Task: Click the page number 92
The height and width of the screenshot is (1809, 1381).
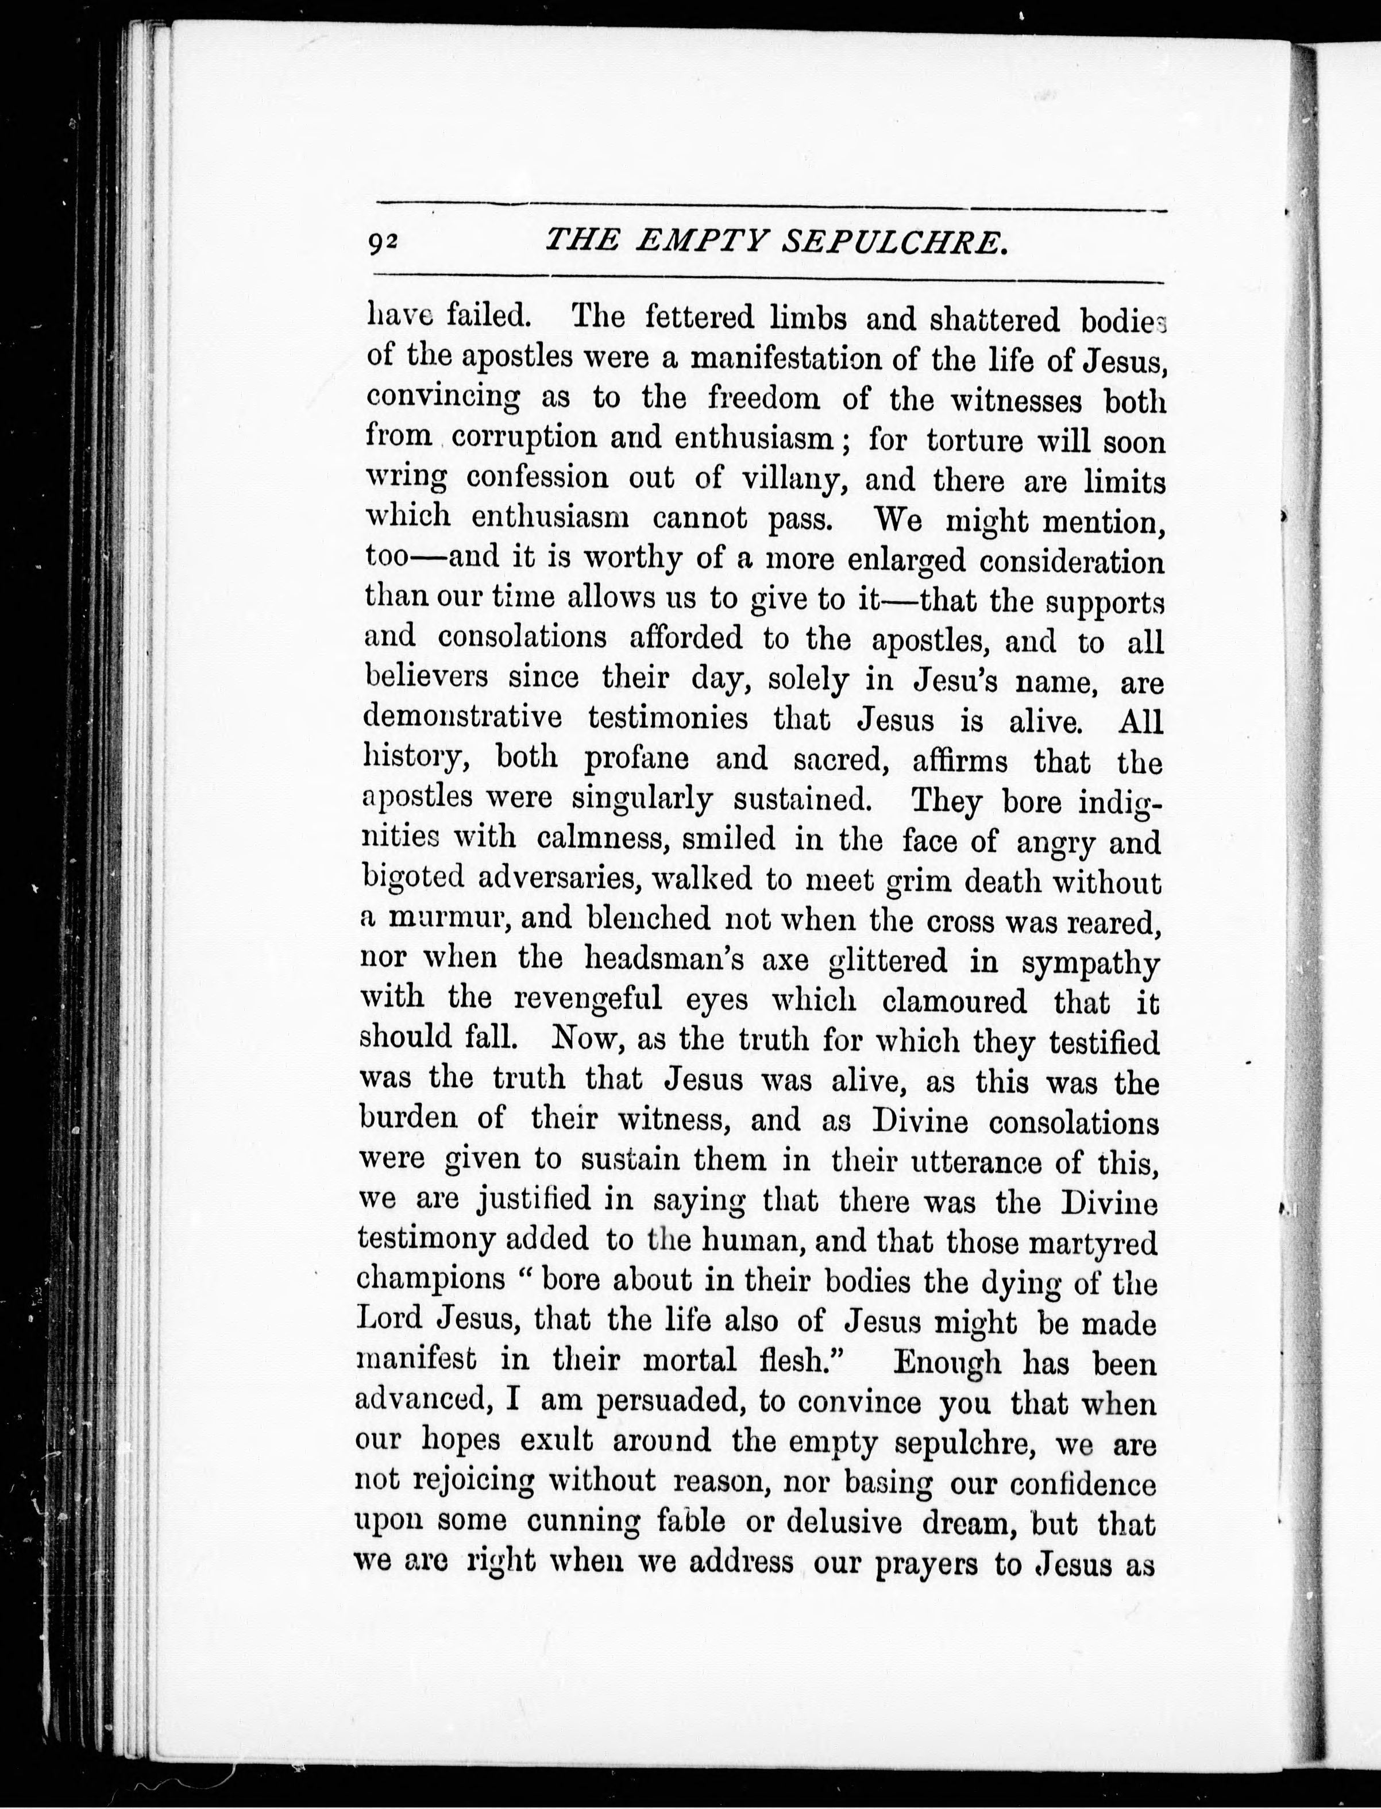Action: click(x=383, y=242)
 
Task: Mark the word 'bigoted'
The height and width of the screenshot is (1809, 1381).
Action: click(x=414, y=879)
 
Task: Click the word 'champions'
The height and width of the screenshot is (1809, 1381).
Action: click(x=431, y=1280)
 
